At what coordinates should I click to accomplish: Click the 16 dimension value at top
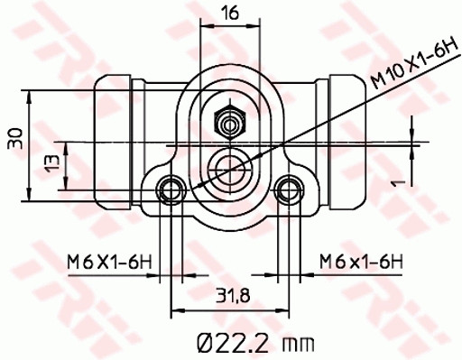coord(230,14)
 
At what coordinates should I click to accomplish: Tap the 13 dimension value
coord(52,165)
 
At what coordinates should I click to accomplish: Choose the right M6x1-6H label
coord(359,263)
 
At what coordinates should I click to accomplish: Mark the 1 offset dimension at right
coord(396,183)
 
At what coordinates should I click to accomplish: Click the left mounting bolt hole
coord(170,189)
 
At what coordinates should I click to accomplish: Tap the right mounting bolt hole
coord(288,189)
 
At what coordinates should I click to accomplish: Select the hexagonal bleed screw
coord(228,120)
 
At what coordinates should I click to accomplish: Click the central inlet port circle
coord(228,167)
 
